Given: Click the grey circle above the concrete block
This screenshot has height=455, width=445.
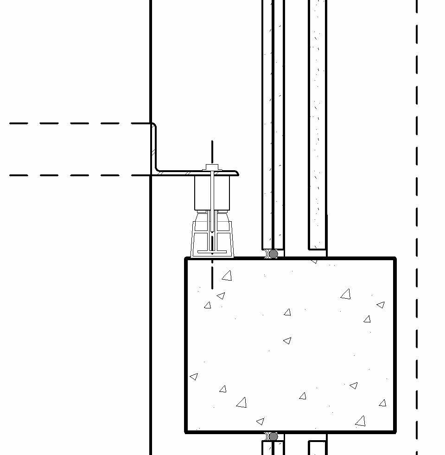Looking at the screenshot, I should [x=273, y=254].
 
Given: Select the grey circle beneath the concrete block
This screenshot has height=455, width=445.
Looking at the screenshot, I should [x=273, y=436].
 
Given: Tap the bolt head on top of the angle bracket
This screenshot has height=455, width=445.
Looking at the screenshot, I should [x=212, y=167].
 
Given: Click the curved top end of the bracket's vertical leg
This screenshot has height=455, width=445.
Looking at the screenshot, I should [x=153, y=126].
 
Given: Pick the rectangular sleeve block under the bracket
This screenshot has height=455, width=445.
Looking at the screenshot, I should [x=212, y=192].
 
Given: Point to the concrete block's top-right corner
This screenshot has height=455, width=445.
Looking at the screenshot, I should [x=394, y=259].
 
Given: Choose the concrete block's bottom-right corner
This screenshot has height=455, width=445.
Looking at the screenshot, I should [x=394, y=431].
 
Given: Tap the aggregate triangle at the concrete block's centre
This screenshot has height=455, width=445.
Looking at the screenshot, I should [x=287, y=341].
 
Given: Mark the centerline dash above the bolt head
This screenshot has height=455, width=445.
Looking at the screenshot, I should [x=212, y=151].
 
